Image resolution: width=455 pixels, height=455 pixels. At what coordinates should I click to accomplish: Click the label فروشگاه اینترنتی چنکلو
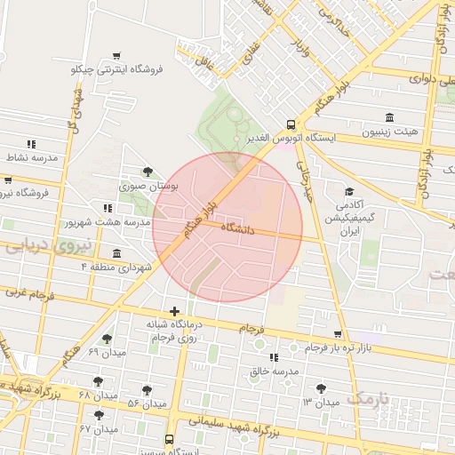coord(117,68)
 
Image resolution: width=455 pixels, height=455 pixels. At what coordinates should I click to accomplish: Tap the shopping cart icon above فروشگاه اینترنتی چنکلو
coord(117,56)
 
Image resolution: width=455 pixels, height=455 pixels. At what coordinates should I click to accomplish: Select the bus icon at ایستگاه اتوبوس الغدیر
coord(291,125)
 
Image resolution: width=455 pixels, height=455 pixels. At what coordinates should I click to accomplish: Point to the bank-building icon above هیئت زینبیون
coord(390,117)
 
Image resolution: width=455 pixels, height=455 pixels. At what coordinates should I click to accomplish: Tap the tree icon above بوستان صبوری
coord(148,172)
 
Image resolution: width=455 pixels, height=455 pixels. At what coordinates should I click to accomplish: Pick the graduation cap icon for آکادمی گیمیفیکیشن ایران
coord(349,192)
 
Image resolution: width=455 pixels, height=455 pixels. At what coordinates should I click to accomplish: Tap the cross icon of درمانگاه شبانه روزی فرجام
coord(174,311)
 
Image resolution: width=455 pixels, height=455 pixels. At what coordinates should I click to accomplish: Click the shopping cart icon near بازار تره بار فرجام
coord(337,334)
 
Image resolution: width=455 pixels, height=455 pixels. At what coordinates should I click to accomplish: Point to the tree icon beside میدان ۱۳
coord(321,388)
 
